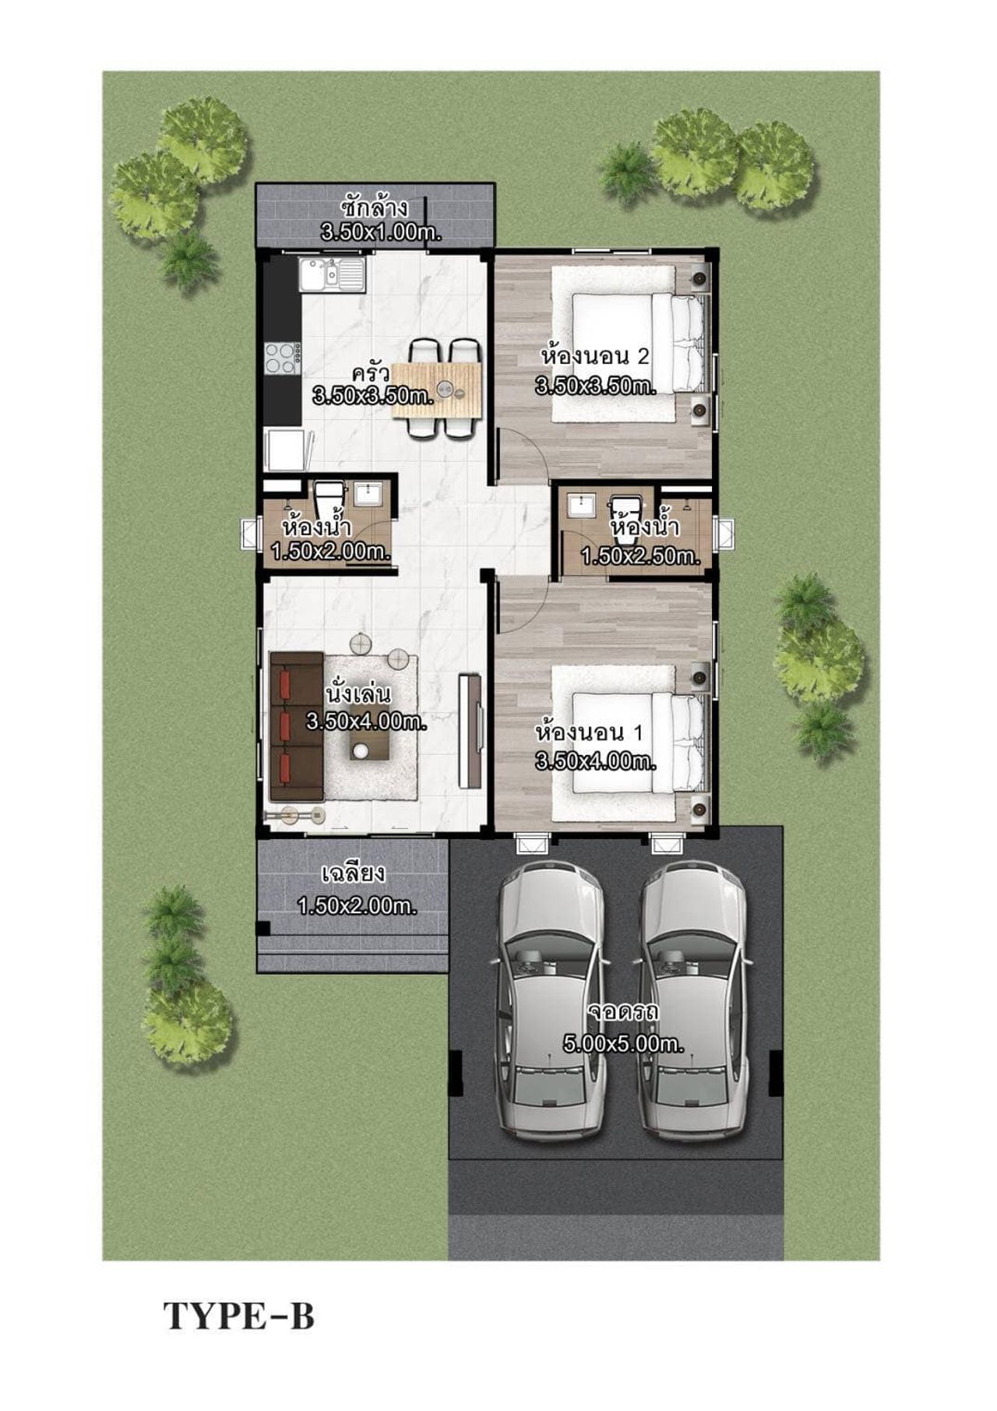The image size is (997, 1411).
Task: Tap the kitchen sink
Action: coord(333,274)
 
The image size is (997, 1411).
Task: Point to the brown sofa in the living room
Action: coord(297,726)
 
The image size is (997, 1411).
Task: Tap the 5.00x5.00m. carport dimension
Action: coord(623,1044)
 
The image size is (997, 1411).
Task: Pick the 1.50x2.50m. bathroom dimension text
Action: coord(641,556)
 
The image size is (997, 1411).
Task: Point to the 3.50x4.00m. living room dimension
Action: coord(367,721)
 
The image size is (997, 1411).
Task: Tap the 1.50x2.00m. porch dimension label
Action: coord(358,906)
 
